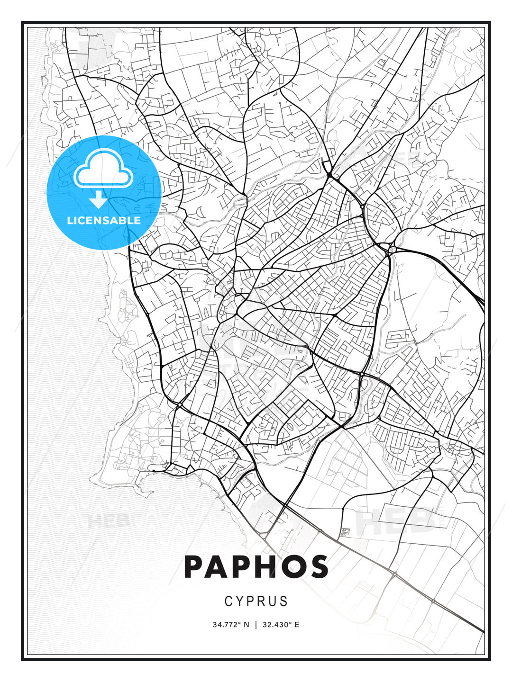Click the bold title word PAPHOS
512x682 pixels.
[x=256, y=567]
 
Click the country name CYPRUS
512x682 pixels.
[x=256, y=601]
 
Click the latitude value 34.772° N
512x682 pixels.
[x=231, y=625]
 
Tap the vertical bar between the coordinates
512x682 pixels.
[x=256, y=625]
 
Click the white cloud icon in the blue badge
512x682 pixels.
[x=103, y=169]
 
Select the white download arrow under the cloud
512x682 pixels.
[x=98, y=200]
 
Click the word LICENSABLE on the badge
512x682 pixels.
[x=104, y=220]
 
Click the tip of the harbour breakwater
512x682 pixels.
[x=153, y=470]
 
